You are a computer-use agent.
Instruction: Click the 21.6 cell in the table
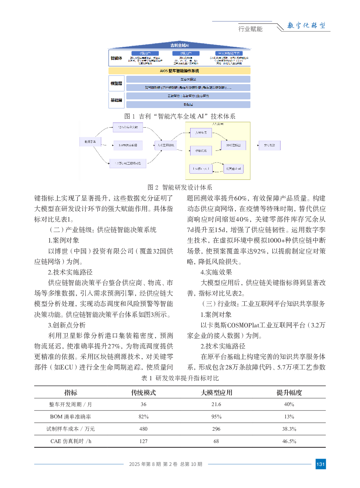(216, 404)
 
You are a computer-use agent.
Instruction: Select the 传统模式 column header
(143, 393)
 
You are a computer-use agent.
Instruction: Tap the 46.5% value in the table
(289, 441)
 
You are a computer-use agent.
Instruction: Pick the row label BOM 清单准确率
(70, 417)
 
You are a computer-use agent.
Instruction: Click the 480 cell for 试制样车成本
(143, 429)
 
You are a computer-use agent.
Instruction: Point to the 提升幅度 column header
(289, 393)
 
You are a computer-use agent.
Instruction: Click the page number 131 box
(320, 464)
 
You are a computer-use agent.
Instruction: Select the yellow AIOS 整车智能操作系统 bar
(179, 71)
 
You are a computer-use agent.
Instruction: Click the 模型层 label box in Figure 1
(116, 83)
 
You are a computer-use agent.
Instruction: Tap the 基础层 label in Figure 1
(116, 100)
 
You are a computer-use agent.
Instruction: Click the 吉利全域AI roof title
(180, 45)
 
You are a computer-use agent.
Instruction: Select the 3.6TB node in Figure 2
(128, 145)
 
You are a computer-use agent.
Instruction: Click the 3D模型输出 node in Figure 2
(233, 145)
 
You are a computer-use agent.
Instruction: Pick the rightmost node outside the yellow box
(269, 145)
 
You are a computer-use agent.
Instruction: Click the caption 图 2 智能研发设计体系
(180, 187)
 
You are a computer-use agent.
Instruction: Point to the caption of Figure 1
(180, 116)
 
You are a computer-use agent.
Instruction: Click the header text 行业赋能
(250, 29)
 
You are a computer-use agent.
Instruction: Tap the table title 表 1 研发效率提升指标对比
(180, 378)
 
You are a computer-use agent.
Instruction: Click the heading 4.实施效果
(216, 272)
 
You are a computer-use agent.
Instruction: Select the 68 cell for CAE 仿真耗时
(216, 441)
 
